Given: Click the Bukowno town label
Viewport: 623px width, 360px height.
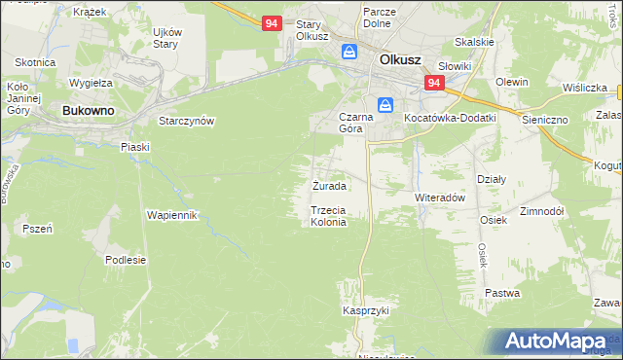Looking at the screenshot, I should (88, 111).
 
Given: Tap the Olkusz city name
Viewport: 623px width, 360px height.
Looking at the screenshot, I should (399, 59).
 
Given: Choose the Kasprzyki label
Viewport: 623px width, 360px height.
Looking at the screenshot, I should (365, 310).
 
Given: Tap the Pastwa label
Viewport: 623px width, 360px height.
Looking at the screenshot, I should (502, 292).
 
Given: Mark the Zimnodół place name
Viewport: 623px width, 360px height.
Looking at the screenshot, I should (542, 210).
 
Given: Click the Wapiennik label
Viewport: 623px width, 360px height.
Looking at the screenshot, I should (172, 214).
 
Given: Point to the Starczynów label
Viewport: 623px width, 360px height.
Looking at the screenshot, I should (186, 121).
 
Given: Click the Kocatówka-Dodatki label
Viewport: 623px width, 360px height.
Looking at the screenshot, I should (449, 118).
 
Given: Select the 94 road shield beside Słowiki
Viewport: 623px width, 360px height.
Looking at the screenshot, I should (434, 85).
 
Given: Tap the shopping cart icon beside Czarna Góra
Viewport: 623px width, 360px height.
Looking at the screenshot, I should (386, 104).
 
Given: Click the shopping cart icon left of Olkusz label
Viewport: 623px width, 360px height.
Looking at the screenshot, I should (348, 53).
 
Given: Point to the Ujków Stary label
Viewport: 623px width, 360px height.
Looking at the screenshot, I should (165, 38).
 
